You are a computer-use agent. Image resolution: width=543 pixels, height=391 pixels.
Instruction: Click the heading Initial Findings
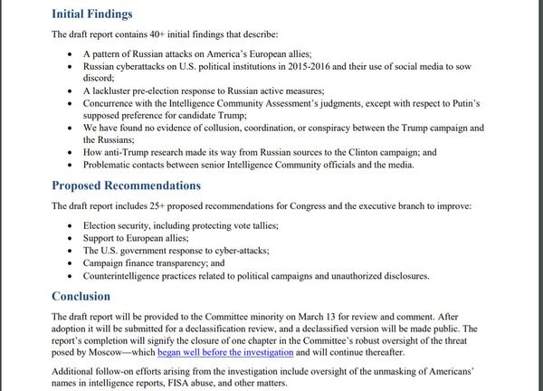point(91,14)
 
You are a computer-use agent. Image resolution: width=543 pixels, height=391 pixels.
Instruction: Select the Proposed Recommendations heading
point(126,186)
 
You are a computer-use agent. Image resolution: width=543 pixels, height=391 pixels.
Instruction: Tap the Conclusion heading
point(81,295)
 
